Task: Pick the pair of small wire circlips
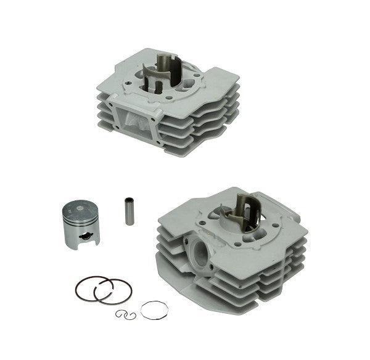click(125, 314)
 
